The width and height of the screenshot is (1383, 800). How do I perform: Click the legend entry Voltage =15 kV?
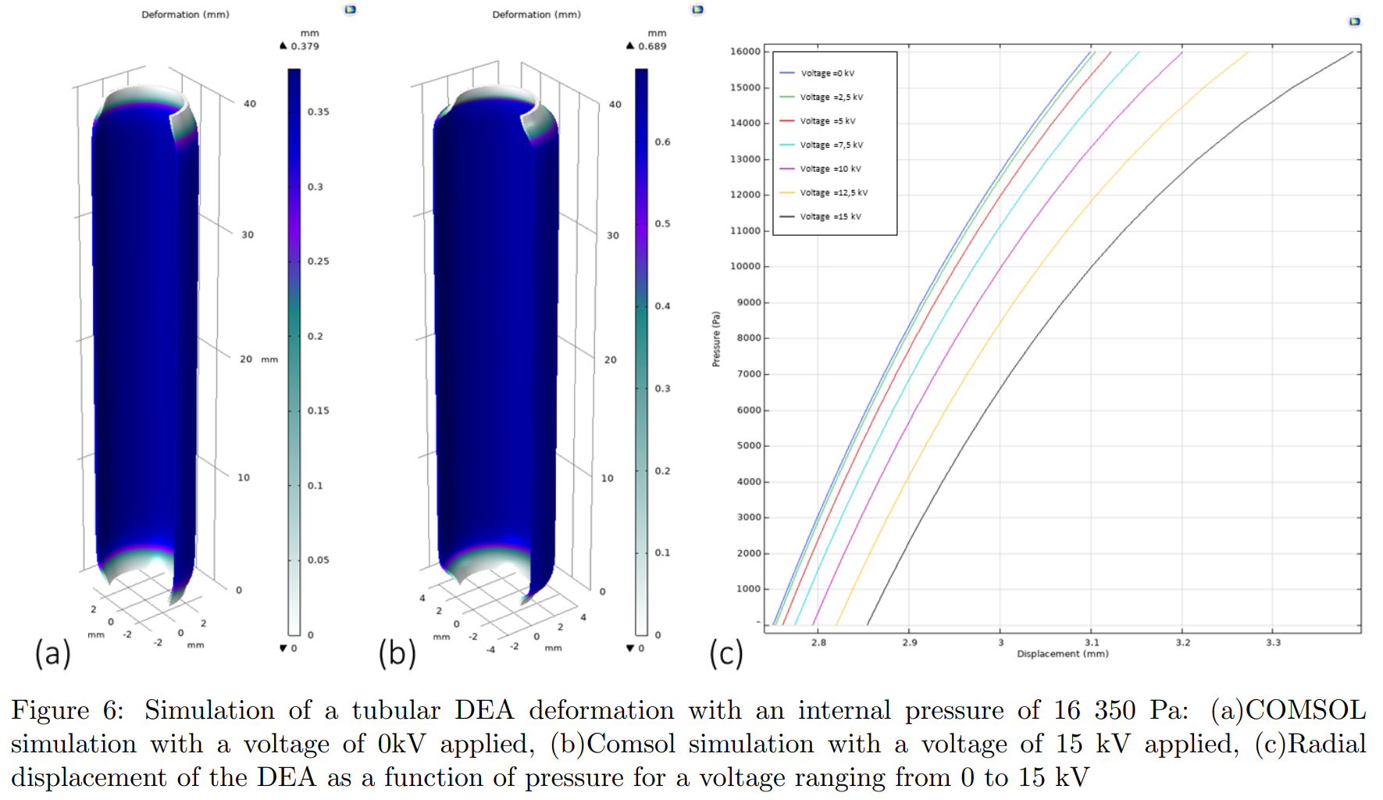pos(830,216)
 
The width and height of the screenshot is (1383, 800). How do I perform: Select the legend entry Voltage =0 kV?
pos(827,73)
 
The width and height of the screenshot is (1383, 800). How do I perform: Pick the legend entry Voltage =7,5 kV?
pos(831,145)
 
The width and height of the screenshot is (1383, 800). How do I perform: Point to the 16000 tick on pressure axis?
pos(745,52)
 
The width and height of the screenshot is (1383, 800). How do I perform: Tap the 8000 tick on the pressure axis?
pos(748,338)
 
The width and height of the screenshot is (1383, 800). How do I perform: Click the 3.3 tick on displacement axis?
pos(1273,642)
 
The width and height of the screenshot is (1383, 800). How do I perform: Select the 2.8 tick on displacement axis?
pos(818,642)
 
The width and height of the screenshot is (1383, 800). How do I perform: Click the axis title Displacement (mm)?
pos(1062,654)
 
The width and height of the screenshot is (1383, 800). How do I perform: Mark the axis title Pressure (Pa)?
pos(716,339)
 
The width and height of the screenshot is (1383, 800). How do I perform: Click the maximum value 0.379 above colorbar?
pos(305,46)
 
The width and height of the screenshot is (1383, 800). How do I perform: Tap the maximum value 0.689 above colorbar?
pos(652,46)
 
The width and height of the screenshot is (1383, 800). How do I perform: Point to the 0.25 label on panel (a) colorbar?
pos(318,261)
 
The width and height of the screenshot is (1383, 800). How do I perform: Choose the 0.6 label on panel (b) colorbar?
pos(662,142)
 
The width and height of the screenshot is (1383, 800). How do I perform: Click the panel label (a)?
pos(52,653)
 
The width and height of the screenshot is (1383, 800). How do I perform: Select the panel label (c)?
pos(725,653)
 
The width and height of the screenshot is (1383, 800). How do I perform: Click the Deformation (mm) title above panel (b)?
pos(536,14)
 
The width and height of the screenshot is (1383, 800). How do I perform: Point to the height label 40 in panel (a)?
pos(250,104)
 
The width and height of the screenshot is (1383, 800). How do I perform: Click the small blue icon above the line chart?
pos(1355,22)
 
